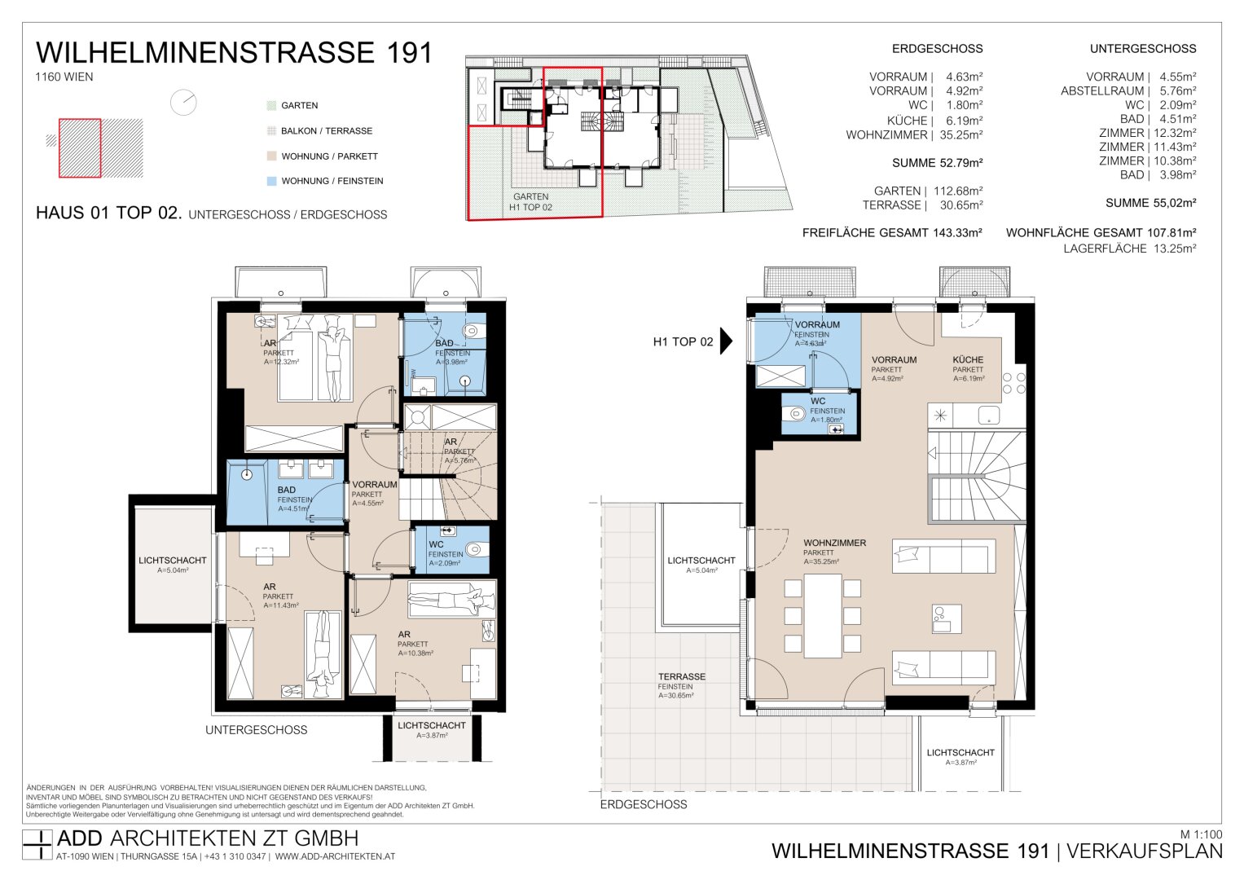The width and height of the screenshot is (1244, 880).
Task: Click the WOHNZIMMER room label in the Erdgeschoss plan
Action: pyautogui.click(x=834, y=543)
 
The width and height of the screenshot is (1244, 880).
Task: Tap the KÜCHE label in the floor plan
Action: pyautogui.click(x=968, y=359)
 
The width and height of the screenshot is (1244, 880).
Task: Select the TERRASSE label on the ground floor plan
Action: pyautogui.click(x=682, y=677)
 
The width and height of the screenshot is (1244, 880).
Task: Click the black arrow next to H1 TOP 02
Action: pyautogui.click(x=726, y=341)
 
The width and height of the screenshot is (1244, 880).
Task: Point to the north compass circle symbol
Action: pyautogui.click(x=183, y=103)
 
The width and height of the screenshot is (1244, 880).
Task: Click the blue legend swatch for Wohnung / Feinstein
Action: pyautogui.click(x=271, y=181)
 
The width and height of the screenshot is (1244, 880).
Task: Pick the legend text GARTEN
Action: pyautogui.click(x=299, y=106)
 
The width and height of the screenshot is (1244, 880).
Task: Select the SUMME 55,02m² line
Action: pyautogui.click(x=1150, y=203)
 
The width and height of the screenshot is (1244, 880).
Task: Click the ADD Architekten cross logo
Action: pyautogui.click(x=37, y=845)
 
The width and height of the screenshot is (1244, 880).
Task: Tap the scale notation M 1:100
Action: pyautogui.click(x=1200, y=834)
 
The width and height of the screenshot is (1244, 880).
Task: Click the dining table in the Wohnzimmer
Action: pyautogui.click(x=822, y=616)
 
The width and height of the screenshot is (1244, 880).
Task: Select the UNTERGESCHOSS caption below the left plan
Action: pyautogui.click(x=256, y=730)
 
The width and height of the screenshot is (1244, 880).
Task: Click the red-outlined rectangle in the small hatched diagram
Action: pyautogui.click(x=80, y=147)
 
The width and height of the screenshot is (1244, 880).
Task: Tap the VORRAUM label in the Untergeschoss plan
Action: pyautogui.click(x=374, y=485)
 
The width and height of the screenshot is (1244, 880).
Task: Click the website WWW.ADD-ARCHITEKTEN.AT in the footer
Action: pyautogui.click(x=335, y=856)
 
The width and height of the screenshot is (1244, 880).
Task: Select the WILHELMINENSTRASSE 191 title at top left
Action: pyautogui.click(x=234, y=53)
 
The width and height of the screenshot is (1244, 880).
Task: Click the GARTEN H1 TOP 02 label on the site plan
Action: pyautogui.click(x=530, y=202)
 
